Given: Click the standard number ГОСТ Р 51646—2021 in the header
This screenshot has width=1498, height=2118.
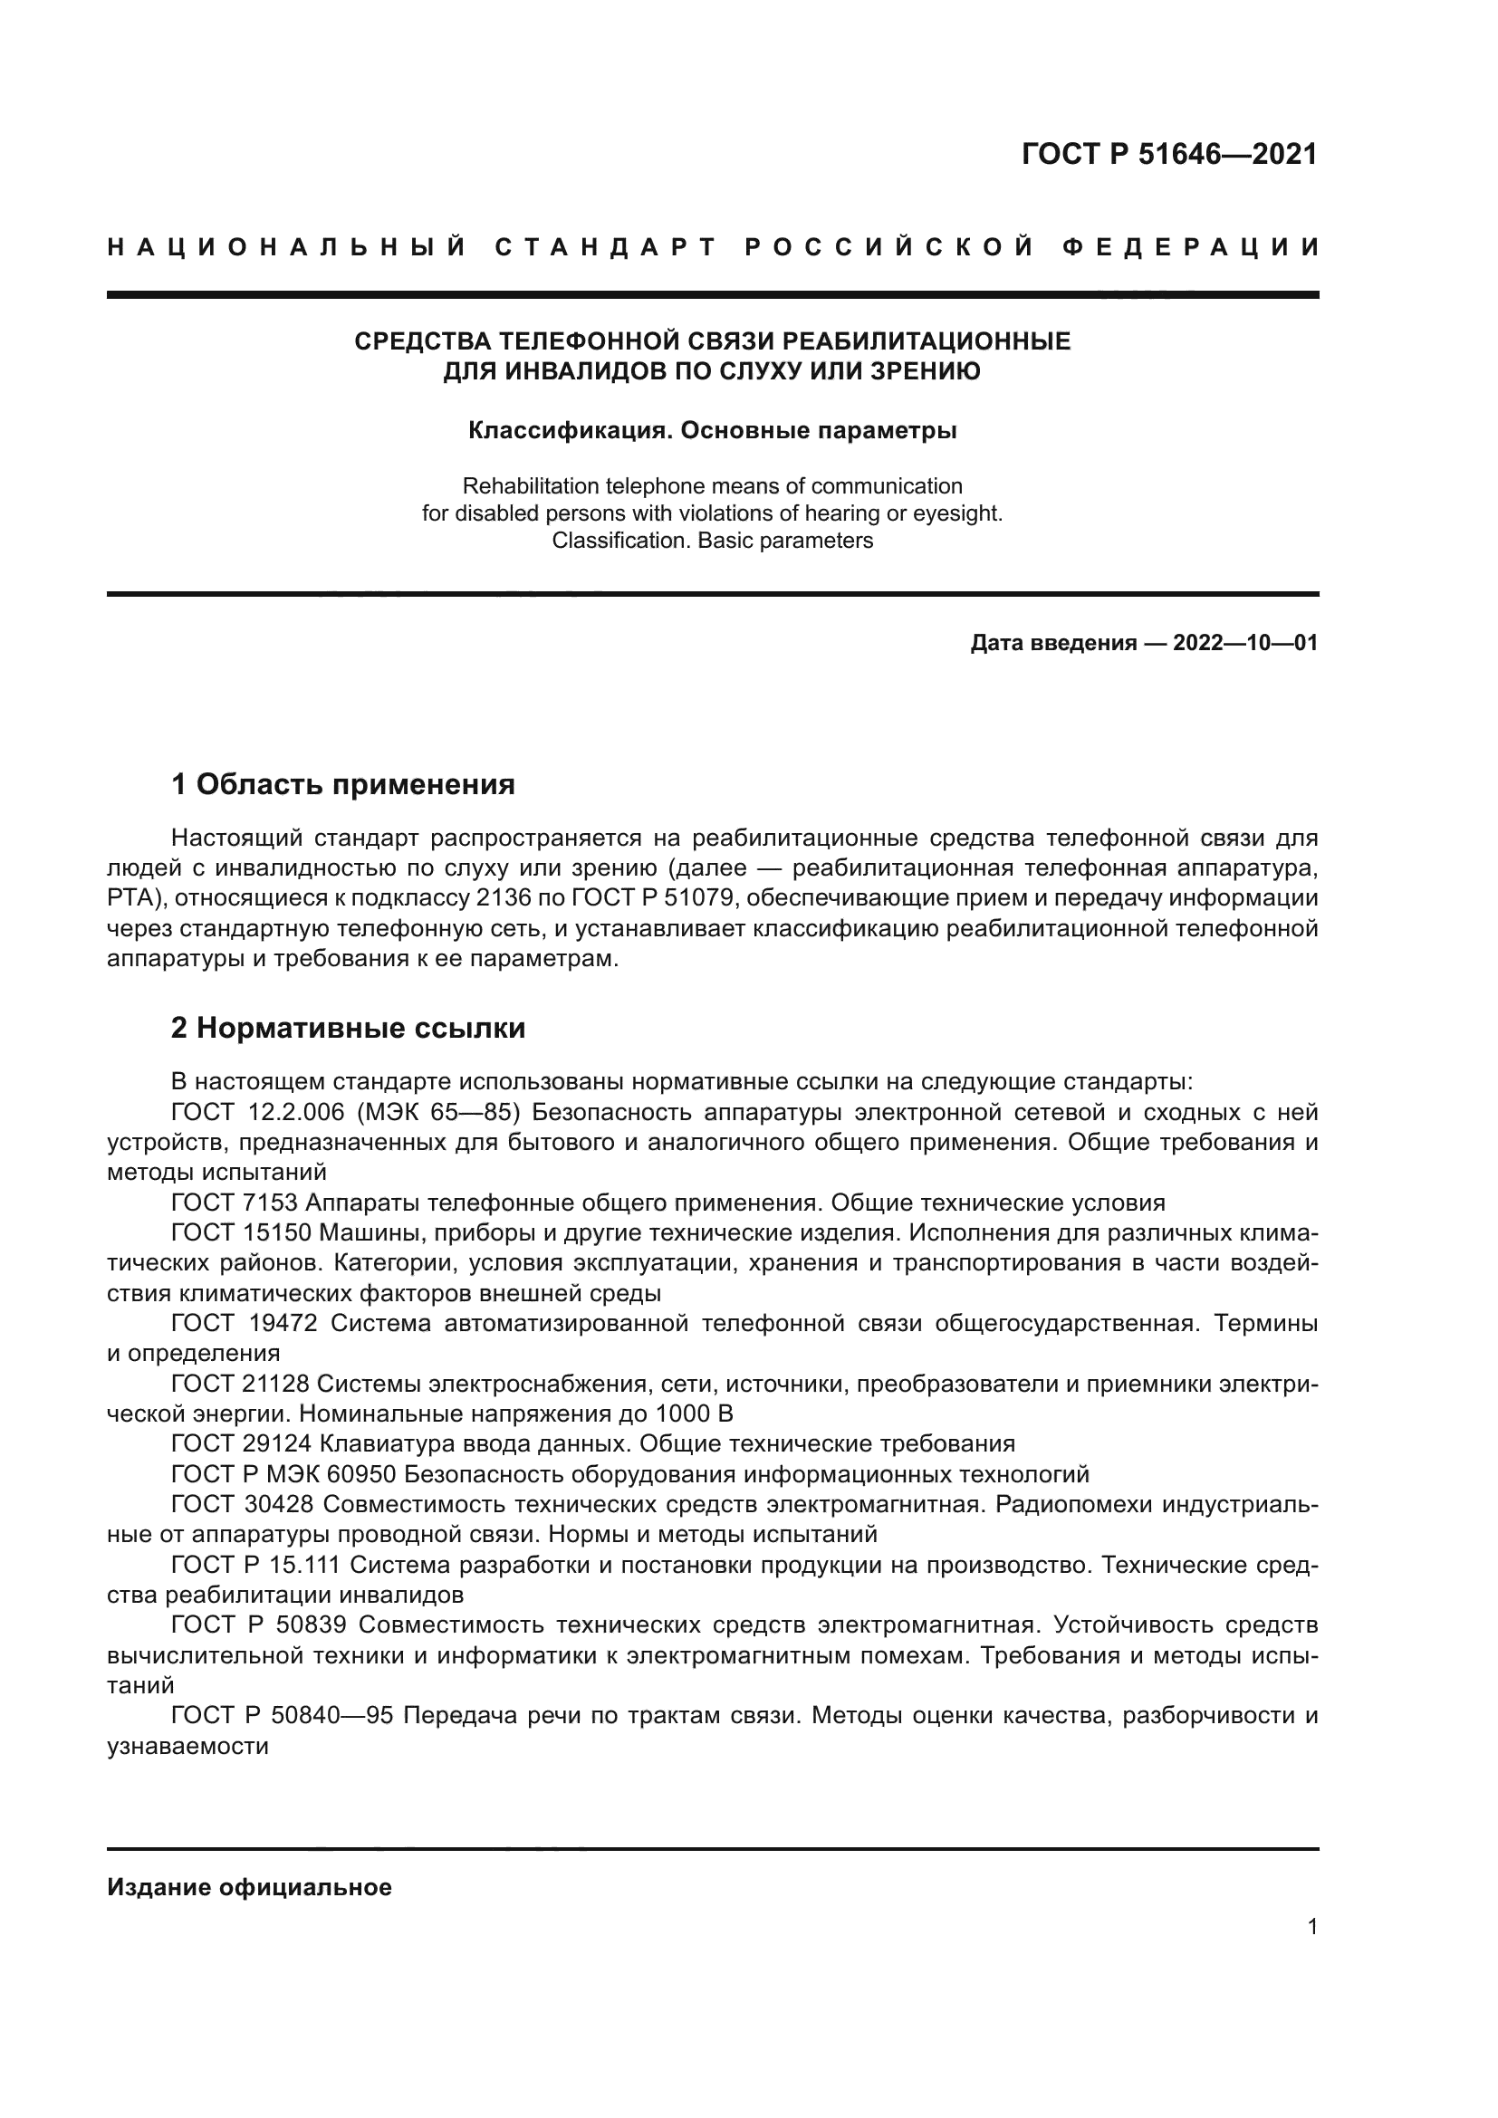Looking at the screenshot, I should (1168, 154).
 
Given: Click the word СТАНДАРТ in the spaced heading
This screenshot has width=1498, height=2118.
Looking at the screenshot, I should (606, 247).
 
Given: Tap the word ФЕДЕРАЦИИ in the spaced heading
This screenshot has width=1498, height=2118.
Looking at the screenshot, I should (1190, 247).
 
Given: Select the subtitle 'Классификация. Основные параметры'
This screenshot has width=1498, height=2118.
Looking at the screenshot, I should (712, 431).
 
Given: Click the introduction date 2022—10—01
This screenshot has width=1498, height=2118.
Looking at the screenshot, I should (1244, 643).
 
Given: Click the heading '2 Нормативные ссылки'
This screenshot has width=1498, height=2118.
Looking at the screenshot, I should (348, 1028).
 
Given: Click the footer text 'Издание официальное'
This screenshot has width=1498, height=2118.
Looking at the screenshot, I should (249, 1887).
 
